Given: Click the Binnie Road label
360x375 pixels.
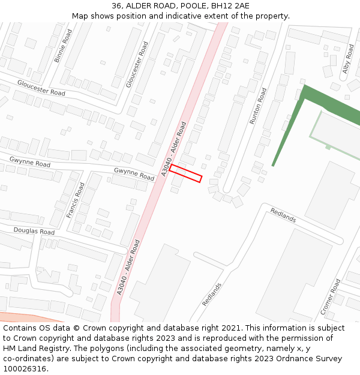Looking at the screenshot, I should click(63, 46).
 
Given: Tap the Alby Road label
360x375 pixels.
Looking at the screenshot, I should click(348, 59).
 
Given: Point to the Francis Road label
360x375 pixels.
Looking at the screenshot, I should click(76, 200).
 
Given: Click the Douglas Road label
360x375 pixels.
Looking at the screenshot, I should click(34, 231).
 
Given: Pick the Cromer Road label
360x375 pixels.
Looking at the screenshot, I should click(331, 296).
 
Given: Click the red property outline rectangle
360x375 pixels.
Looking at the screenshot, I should click(185, 173).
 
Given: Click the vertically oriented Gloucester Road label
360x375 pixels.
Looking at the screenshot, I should click(137, 64).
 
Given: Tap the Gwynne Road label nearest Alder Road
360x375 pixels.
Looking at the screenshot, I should click(134, 175).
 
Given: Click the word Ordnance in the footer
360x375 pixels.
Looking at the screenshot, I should click(272, 359).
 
